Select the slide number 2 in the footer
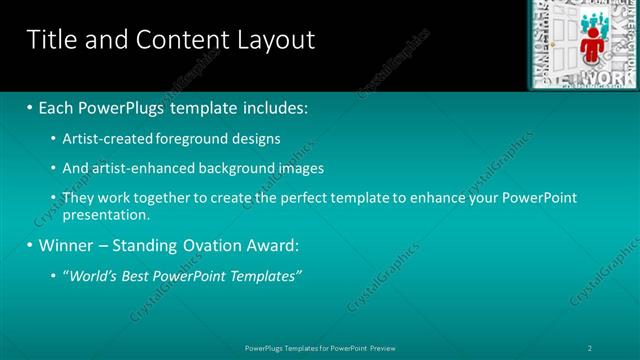tap(590, 347)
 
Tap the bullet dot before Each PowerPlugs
tap(29, 107)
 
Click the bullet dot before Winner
tap(29, 245)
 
